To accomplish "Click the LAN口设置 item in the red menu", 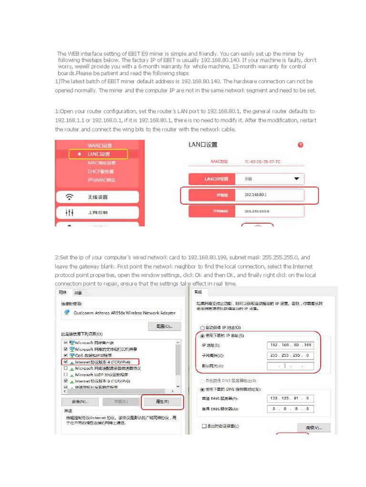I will point(99,154).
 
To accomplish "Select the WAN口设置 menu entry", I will point(100,145).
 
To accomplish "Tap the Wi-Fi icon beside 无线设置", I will point(70,197).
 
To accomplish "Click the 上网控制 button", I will point(97,213).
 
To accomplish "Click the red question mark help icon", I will point(300,145).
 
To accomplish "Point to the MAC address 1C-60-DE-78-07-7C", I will point(262,162).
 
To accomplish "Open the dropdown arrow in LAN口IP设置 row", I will point(296,179).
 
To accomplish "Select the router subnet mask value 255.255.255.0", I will point(257,211).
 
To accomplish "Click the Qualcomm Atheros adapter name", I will point(124,313).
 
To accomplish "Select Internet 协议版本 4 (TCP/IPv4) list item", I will point(102,362).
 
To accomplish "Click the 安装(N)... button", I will point(78,401).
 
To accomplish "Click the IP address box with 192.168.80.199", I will point(291,345).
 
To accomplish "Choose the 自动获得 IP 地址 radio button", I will point(203,328).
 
